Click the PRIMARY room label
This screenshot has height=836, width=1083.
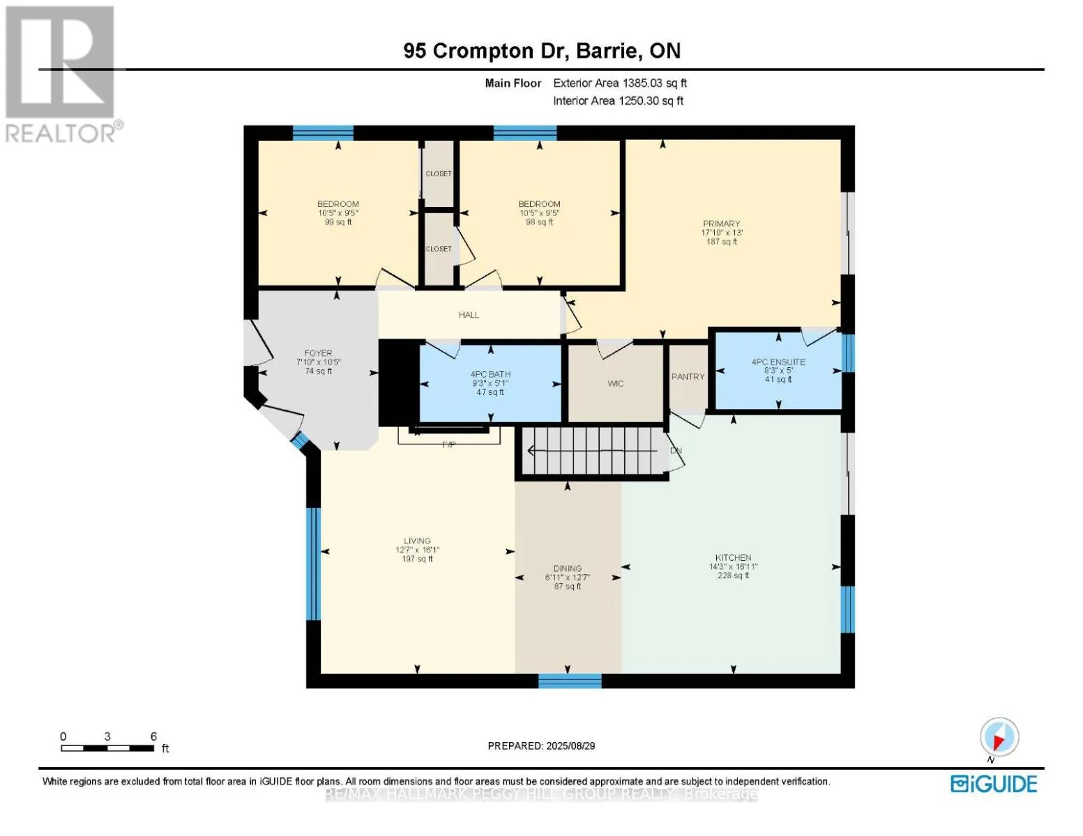(721, 224)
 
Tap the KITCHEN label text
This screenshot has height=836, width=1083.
(733, 557)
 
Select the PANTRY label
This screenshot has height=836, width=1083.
(688, 376)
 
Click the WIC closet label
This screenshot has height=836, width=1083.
(615, 383)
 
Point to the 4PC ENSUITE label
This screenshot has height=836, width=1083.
(778, 362)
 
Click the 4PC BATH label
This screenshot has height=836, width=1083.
(490, 374)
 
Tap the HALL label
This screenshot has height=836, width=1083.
(469, 315)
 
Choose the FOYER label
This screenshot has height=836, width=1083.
(318, 353)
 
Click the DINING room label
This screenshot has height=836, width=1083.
(567, 568)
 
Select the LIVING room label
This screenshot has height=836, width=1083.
(417, 541)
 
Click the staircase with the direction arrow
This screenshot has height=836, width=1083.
(592, 451)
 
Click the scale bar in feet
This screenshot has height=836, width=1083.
(107, 748)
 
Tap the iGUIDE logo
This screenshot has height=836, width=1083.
(994, 784)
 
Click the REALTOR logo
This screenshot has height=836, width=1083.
(61, 73)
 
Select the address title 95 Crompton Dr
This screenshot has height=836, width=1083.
(542, 51)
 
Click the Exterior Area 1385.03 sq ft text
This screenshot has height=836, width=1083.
(620, 83)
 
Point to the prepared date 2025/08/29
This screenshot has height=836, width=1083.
(541, 745)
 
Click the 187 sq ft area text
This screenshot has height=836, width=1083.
(721, 242)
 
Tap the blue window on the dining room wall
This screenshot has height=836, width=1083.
(570, 681)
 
